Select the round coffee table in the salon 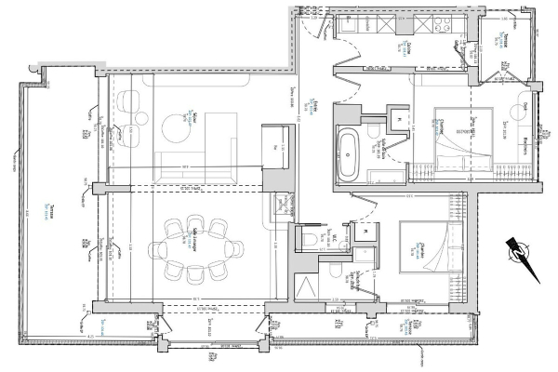click(x=176, y=125)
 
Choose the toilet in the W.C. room click(x=309, y=241)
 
